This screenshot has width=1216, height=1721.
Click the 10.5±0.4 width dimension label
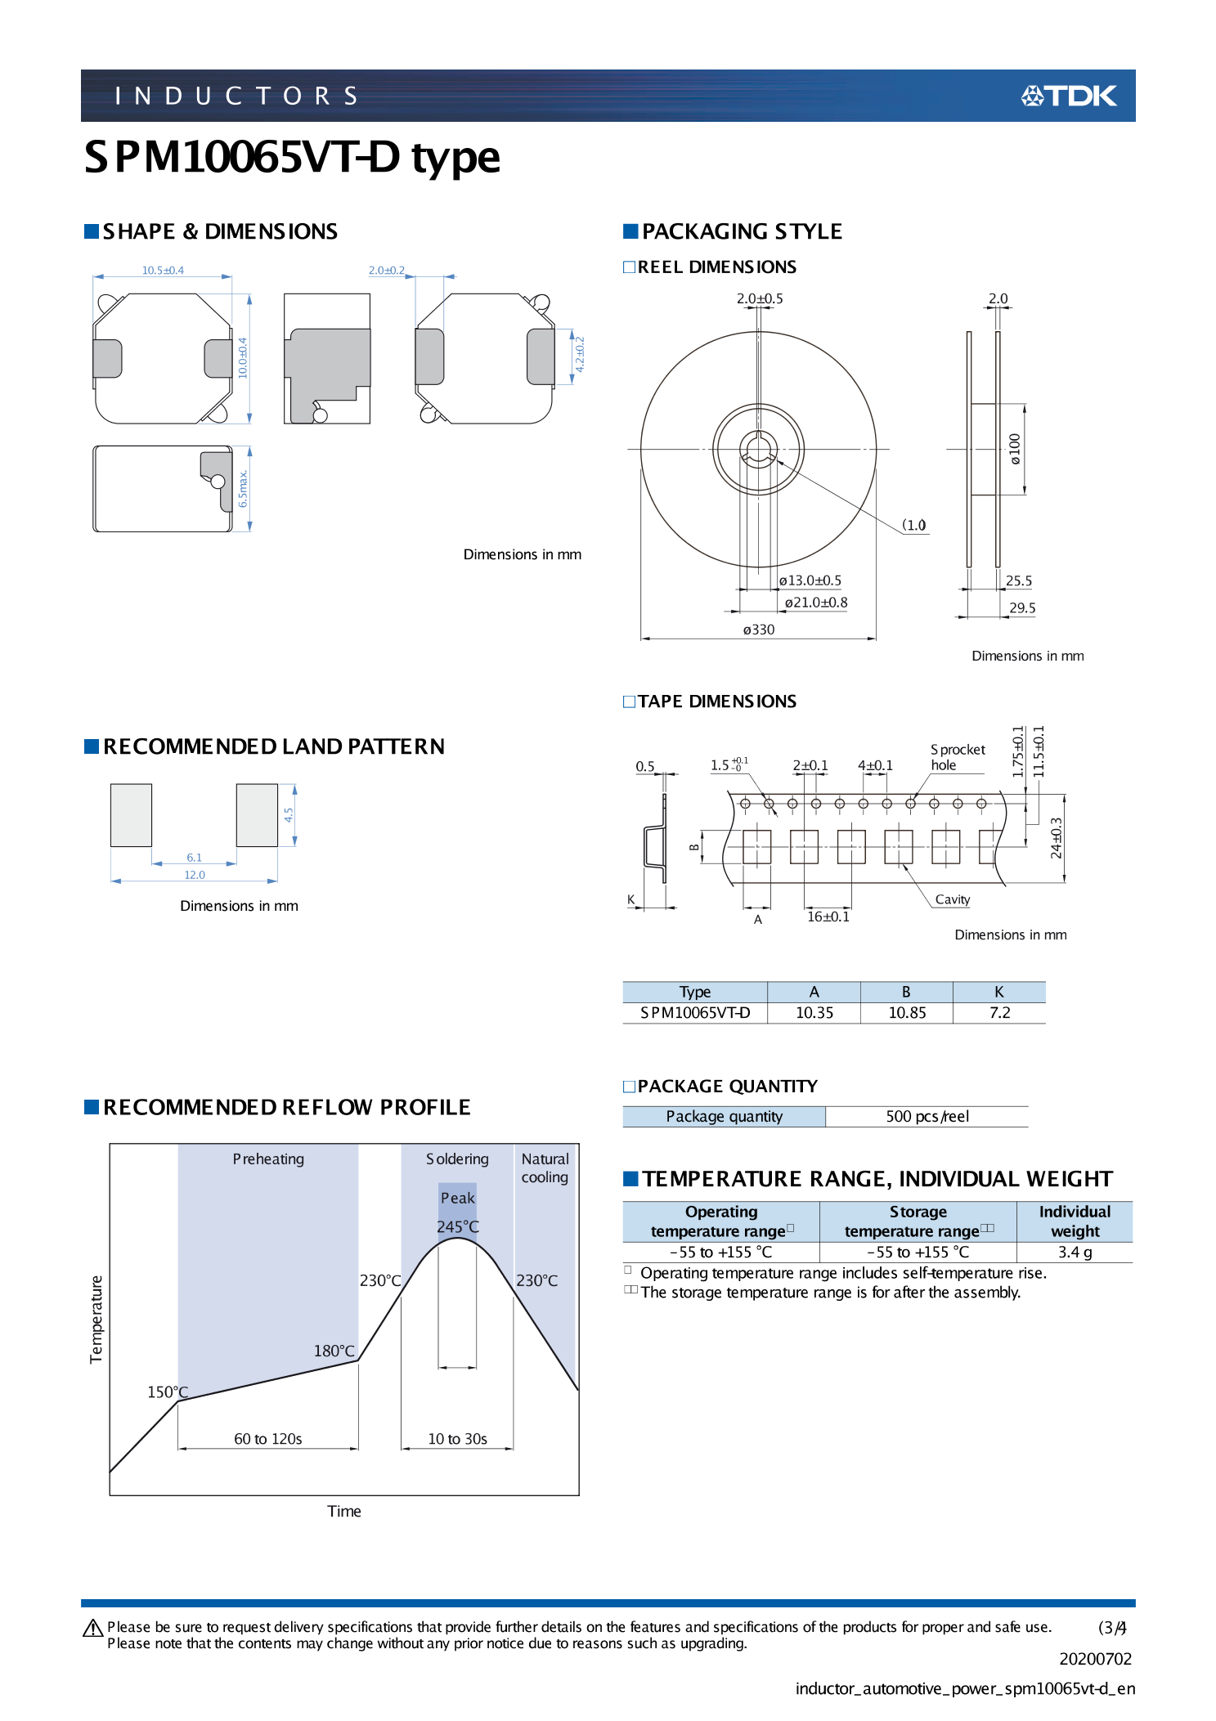163,270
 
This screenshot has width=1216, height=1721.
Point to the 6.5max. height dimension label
243,488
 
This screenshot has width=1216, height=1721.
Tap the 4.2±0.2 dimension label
580,354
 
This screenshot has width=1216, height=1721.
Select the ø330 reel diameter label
758,630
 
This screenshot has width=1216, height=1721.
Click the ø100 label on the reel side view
1015,449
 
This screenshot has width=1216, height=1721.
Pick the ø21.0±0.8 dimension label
815,603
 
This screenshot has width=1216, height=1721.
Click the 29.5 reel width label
1021,607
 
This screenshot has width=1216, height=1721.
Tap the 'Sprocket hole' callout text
957,757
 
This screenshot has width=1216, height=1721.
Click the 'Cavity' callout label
952,899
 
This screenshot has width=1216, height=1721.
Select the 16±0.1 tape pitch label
828,917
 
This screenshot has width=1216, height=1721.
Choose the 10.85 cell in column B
907,1012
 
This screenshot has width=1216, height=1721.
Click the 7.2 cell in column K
999,1012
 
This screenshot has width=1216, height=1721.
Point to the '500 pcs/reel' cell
927,1116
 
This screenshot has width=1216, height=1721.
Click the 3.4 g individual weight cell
1075,1252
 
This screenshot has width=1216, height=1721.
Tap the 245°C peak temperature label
457,1226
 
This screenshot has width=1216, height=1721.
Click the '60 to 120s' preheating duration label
267,1438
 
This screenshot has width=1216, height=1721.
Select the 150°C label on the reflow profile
167,1392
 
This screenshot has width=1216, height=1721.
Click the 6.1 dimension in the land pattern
194,858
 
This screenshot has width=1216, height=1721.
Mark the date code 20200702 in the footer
1095,1659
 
